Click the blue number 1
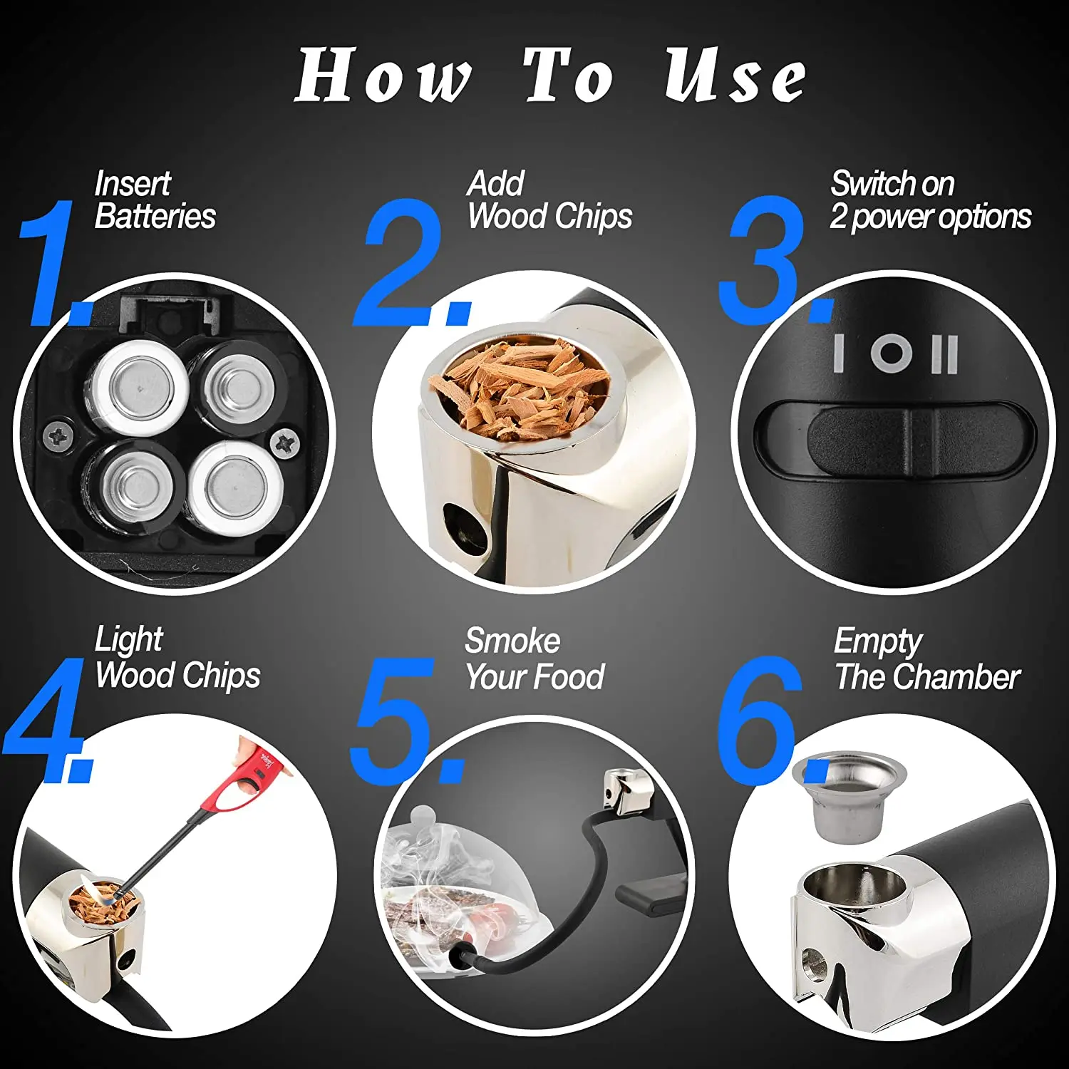(53, 262)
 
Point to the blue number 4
(46, 720)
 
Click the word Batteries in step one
(155, 216)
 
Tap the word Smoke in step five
(512, 641)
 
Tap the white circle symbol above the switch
(891, 353)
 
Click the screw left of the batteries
(57, 435)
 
